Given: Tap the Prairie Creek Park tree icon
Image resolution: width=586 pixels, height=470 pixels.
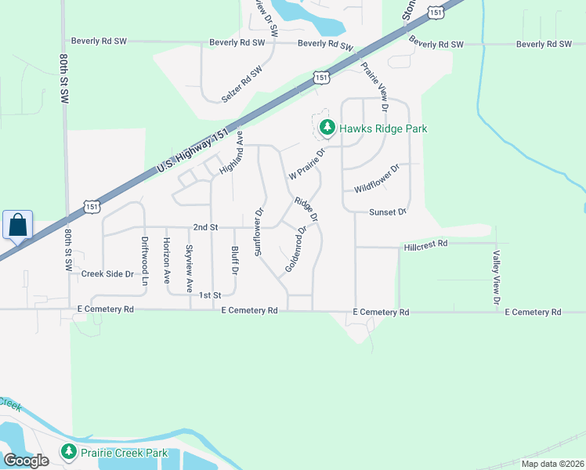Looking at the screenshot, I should pos(69,452).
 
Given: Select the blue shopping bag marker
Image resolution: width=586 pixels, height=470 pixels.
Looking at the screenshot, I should pos(17,225).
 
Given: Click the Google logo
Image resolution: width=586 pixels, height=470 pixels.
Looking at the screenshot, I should pos(26,461).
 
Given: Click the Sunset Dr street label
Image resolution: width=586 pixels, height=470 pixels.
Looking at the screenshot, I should pos(389,212).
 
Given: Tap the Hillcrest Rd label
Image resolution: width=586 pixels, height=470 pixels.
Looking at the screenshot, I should pos(425,244).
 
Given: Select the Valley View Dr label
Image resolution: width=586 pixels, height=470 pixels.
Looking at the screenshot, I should pos(496,277).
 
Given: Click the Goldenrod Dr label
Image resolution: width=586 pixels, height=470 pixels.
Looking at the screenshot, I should pos(295,250).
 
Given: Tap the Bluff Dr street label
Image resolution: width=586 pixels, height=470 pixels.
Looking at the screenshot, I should pos(234,259).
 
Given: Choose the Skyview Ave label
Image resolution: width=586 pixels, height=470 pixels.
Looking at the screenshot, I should pos(188,268).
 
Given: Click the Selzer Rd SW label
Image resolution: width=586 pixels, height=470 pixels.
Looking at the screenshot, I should pos(241,86).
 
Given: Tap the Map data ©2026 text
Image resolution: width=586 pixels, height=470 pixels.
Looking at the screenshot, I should pos(552,464).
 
